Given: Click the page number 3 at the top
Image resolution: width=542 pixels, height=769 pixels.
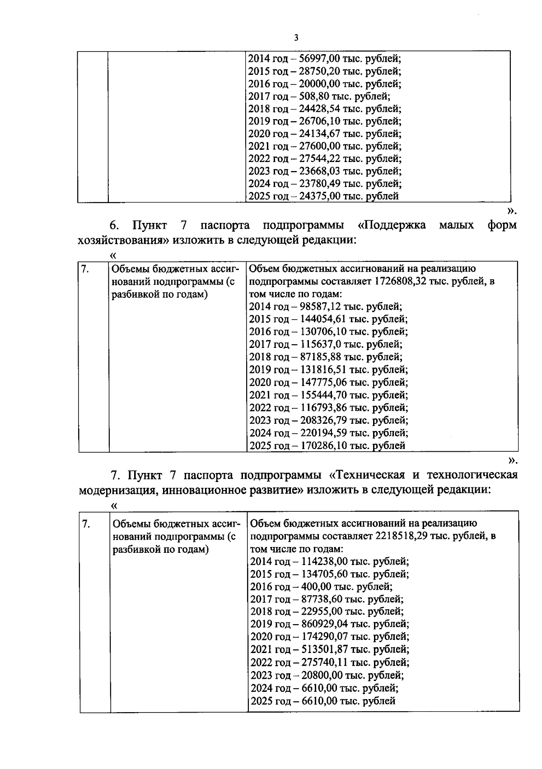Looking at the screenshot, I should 296,38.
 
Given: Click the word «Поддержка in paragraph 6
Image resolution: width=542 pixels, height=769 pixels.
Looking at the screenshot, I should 392,225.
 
